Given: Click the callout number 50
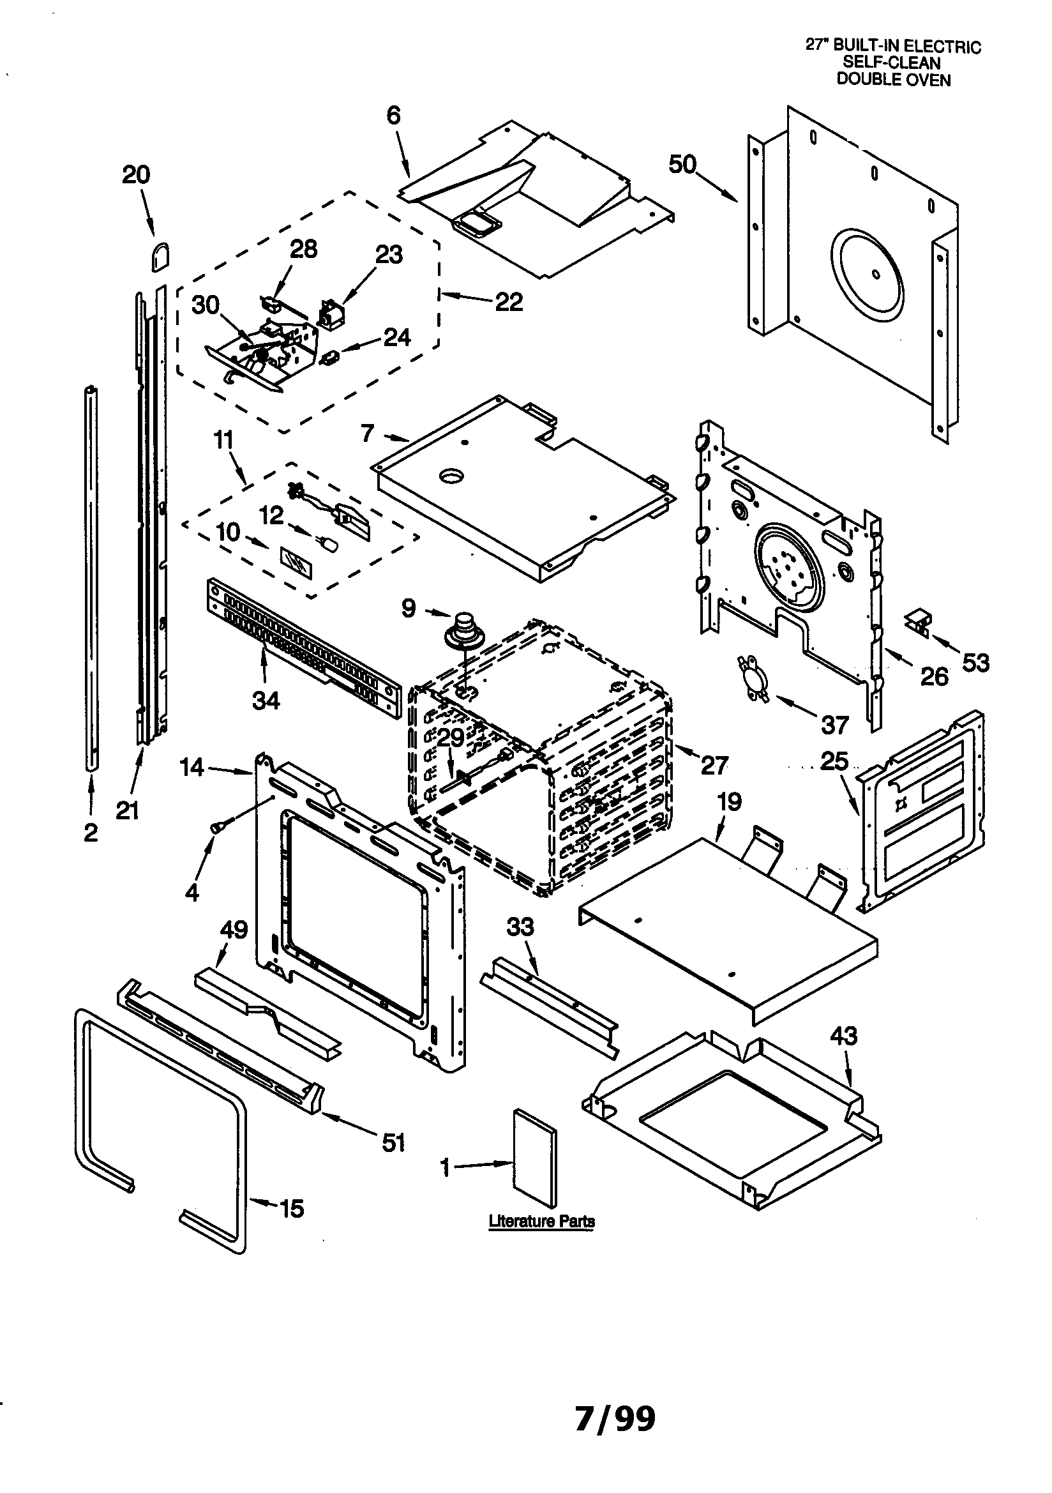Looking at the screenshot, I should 682,165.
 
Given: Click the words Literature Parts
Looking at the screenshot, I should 541,1222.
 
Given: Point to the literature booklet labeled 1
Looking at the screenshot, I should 535,1158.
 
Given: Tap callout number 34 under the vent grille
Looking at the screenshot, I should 266,701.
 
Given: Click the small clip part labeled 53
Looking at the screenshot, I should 918,620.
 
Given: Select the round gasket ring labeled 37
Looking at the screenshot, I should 753,679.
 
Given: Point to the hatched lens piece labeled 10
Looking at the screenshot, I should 296,563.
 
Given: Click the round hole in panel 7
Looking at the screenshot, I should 450,476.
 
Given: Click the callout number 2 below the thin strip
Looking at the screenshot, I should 91,832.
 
